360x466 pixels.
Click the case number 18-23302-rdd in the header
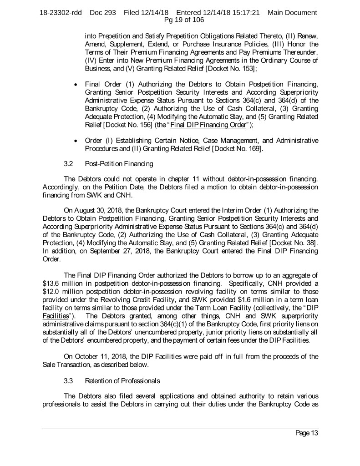tap(61, 12)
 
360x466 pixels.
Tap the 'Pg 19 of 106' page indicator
tap(180, 20)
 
